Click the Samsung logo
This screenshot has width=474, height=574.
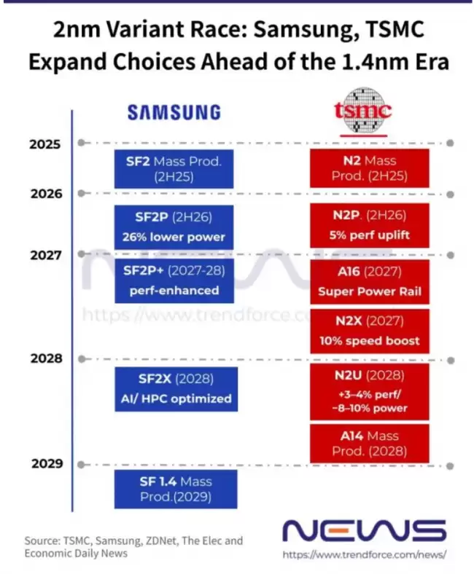point(174,112)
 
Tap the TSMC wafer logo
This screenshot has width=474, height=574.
point(362,111)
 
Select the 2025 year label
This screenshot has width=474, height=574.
point(45,144)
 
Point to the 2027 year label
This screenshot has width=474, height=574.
point(46,255)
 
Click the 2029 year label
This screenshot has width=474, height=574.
point(47,463)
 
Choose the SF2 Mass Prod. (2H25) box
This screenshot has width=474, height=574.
point(174,169)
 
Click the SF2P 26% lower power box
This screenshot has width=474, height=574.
point(174,227)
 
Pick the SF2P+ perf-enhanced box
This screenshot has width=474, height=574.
point(174,280)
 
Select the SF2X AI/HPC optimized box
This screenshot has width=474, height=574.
point(176,389)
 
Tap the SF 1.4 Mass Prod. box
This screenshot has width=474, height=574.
point(176,489)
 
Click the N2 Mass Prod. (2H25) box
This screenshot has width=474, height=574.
point(370,168)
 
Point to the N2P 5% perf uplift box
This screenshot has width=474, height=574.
point(370,226)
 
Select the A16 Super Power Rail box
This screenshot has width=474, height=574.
point(370,282)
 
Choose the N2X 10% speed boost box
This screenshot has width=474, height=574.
point(370,331)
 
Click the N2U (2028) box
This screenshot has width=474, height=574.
point(370,392)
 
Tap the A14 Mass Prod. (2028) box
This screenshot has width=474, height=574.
point(370,444)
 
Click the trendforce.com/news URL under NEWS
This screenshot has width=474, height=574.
point(365,554)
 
